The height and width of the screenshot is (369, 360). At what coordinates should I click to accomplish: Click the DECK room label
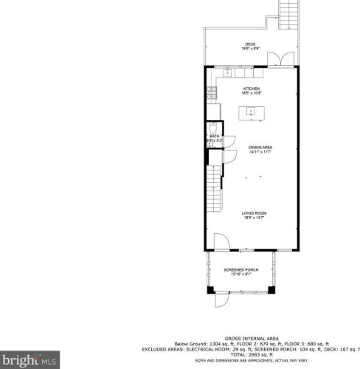[x=251, y=44]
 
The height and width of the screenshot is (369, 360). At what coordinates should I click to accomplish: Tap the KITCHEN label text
[x=252, y=89]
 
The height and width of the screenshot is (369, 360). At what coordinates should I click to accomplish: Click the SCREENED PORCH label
[x=243, y=270]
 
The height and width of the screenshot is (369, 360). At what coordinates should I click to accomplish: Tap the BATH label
[x=215, y=136]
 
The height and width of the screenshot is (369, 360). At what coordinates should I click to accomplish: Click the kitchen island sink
[x=251, y=112]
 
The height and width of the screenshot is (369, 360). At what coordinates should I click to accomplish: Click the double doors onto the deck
[x=279, y=61]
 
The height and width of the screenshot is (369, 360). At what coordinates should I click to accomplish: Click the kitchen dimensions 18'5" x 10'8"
[x=252, y=94]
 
